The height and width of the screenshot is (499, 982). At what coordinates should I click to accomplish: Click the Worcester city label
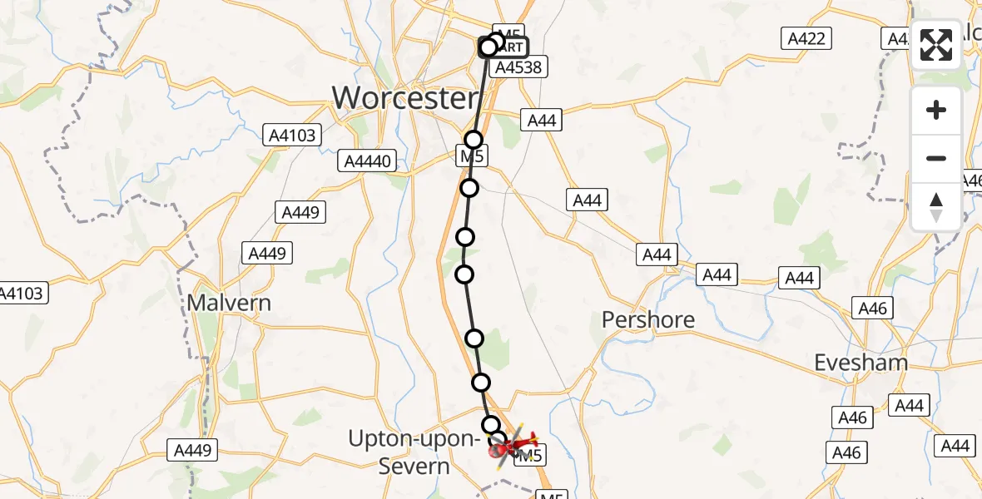405,98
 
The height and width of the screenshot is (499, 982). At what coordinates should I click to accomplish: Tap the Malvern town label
229,302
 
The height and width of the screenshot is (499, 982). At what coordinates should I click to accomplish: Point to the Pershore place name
647,319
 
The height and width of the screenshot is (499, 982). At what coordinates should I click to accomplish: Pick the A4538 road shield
520,68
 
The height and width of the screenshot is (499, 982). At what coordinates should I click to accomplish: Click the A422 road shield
806,37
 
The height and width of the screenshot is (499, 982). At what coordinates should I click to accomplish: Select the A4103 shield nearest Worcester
293,135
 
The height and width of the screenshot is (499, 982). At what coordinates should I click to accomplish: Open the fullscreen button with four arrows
936,45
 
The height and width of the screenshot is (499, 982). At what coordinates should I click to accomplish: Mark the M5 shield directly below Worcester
472,156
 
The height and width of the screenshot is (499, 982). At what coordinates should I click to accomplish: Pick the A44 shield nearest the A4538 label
541,121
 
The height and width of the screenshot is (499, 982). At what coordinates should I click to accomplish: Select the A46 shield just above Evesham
873,309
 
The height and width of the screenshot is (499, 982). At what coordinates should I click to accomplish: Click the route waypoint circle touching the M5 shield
474,140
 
